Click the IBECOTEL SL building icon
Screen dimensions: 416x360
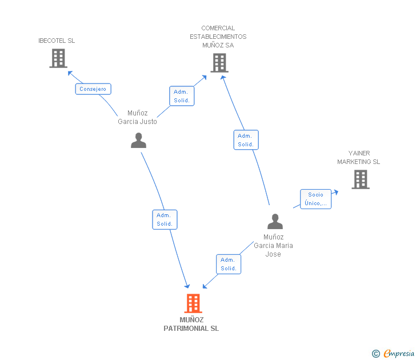pyautogui.click(x=58, y=58)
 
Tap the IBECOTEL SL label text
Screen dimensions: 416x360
pyautogui.click(x=57, y=41)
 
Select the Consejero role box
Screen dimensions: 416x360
pyautogui.click(x=93, y=89)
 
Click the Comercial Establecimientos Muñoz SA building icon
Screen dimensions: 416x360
pyautogui.click(x=219, y=63)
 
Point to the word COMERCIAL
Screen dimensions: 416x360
pyautogui.click(x=218, y=28)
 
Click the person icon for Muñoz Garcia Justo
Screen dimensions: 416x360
pyautogui.click(x=138, y=141)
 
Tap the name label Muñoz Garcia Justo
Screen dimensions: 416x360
pyautogui.click(x=137, y=117)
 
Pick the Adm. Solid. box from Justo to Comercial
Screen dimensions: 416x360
pyautogui.click(x=182, y=96)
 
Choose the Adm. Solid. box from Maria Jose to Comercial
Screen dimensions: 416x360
pyautogui.click(x=246, y=140)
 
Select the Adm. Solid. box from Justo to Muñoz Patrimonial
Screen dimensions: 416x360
pyautogui.click(x=165, y=219)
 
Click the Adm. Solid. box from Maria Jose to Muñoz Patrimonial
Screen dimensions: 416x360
pyautogui.click(x=229, y=264)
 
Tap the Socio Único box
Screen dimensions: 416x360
pyautogui.click(x=315, y=199)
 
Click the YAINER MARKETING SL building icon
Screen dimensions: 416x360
pyautogui.click(x=361, y=179)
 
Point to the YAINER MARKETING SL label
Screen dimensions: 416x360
pyautogui.click(x=359, y=157)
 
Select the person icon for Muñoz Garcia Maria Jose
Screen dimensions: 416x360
pyautogui.click(x=275, y=221)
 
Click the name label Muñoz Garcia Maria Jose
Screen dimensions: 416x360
pyautogui.click(x=273, y=245)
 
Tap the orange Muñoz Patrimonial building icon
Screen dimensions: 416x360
pyautogui.click(x=193, y=303)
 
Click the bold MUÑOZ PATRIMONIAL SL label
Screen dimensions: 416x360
pyautogui.click(x=191, y=324)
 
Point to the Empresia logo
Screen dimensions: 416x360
pyautogui.click(x=393, y=353)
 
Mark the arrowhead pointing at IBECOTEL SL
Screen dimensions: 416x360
pyautogui.click(x=70, y=73)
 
